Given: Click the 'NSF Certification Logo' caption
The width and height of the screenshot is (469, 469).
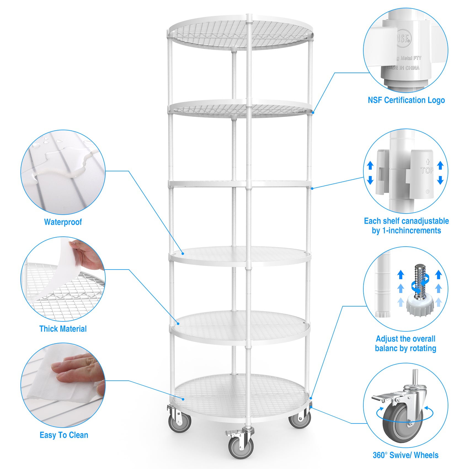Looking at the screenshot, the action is pos(406,100).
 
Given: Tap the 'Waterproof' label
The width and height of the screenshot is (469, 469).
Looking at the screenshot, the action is pos(63,222).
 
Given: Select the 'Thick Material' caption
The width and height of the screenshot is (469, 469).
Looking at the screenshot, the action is pos(63,329).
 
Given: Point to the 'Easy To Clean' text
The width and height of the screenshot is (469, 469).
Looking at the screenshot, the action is pos(64,435).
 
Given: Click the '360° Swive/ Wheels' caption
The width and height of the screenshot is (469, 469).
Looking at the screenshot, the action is pos(405,455).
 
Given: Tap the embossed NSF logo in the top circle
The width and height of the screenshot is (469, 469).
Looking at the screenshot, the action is pos(404,38).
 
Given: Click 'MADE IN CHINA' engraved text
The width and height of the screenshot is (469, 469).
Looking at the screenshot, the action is pos(403,68).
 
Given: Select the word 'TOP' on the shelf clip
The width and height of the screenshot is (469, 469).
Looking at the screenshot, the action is pos(427,170).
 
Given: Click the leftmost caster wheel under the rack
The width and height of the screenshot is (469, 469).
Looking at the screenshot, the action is pos(180,422).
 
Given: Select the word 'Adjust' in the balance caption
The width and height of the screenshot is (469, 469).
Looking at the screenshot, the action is pos(386,339).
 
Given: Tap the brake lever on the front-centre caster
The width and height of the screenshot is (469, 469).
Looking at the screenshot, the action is pos(231,433).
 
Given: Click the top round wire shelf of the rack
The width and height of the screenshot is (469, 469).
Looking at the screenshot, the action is pos(241,33).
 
